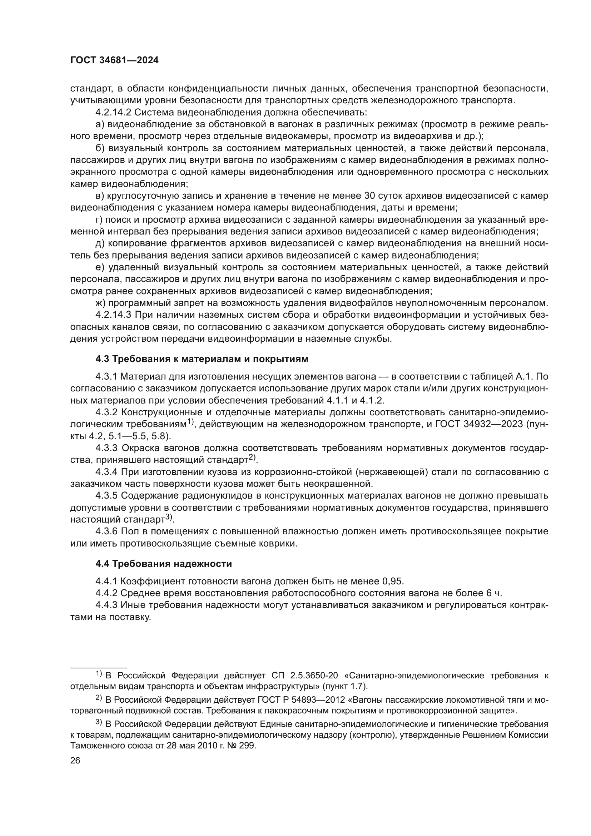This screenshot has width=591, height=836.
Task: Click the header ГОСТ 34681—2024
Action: pyautogui.click(x=114, y=60)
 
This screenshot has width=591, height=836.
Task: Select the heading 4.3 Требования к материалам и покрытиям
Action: pyautogui.click(x=202, y=359)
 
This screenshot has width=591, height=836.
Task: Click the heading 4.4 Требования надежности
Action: pyautogui.click(x=163, y=564)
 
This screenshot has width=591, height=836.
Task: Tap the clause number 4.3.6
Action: pyautogui.click(x=106, y=531)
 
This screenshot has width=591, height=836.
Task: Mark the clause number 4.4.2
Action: pyautogui.click(x=106, y=593)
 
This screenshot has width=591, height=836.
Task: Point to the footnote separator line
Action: pyautogui.click(x=98, y=665)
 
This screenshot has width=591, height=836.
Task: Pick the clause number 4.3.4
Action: pyautogui.click(x=106, y=472)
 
